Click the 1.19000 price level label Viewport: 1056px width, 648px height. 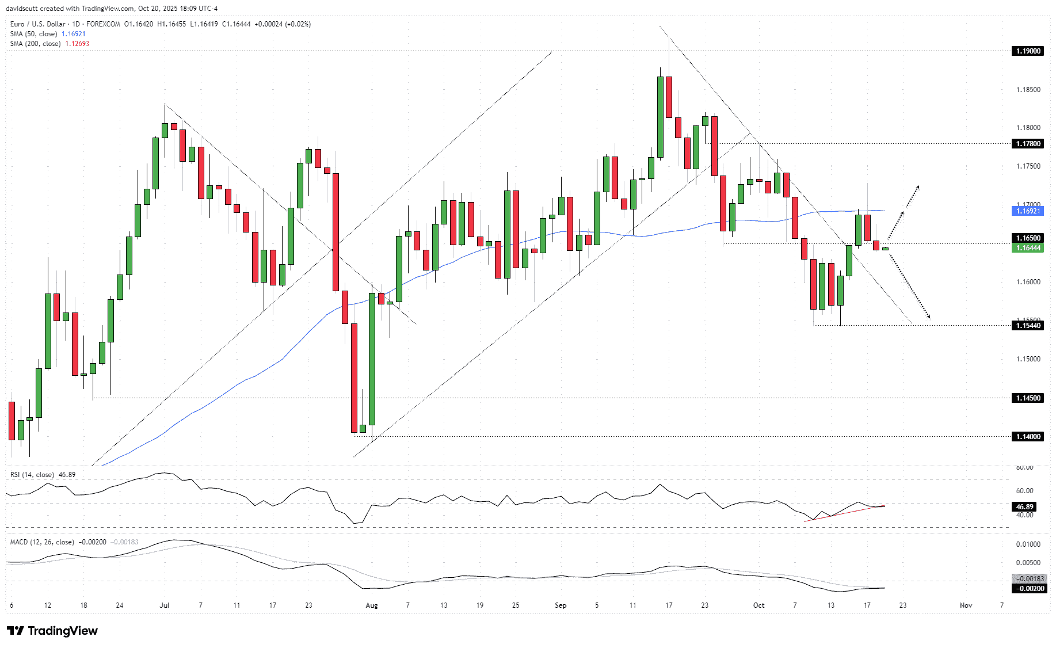[x=1028, y=51]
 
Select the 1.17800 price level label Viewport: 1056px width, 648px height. [x=1028, y=144]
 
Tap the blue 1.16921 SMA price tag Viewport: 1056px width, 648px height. [x=1028, y=211]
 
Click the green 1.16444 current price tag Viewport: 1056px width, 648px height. [x=1028, y=248]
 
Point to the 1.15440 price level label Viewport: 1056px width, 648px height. [x=1028, y=326]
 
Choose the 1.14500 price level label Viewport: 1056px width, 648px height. [x=1028, y=398]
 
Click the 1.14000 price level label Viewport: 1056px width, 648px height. [x=1028, y=437]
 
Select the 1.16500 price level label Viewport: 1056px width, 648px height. [x=1028, y=238]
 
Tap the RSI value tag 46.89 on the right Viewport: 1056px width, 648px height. [x=1024, y=507]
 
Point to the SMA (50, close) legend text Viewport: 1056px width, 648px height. [x=34, y=34]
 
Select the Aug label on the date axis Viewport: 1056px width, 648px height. [x=372, y=605]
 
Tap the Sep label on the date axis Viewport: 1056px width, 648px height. [x=561, y=605]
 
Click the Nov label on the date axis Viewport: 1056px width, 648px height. [x=966, y=605]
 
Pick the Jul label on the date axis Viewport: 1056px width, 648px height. [x=165, y=605]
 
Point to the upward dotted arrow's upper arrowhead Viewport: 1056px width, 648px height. [x=918, y=186]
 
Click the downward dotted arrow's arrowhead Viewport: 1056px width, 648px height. [x=928, y=317]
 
